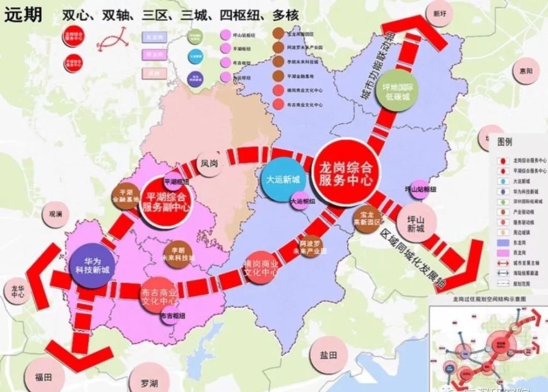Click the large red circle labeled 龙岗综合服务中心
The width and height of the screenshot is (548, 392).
coord(345,172)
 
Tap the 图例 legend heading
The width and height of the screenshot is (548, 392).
coord(505,141)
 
